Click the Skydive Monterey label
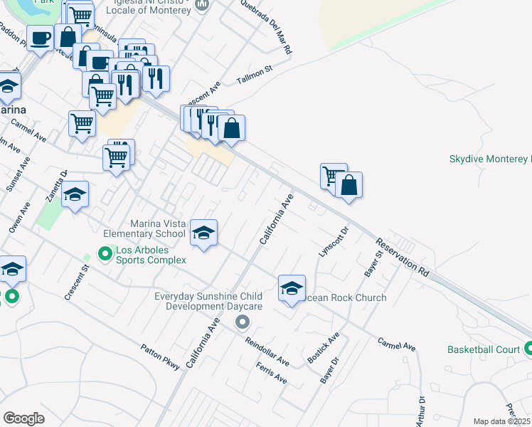pyautogui.click(x=490, y=159)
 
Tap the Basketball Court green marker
pyautogui.click(x=528, y=349)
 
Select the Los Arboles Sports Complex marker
pyautogui.click(x=105, y=253)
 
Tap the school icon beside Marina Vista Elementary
pyautogui.click(x=204, y=233)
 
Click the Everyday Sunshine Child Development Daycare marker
pyautogui.click(x=243, y=322)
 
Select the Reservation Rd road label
pyautogui.click(x=403, y=256)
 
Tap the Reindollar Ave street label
pyautogui.click(x=267, y=352)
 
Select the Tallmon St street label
pyautogui.click(x=255, y=75)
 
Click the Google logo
pyautogui.click(x=23, y=418)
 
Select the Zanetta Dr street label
pyautogui.click(x=57, y=184)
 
